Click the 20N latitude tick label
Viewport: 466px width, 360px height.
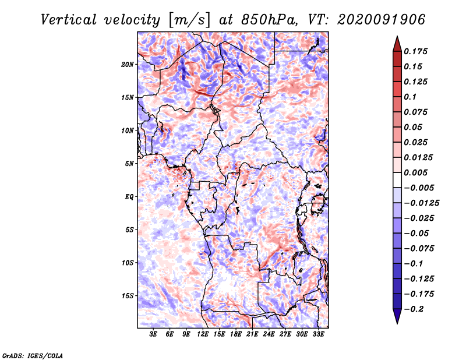point(128,65)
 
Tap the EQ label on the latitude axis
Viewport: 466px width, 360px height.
point(129,197)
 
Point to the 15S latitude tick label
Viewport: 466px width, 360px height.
point(128,296)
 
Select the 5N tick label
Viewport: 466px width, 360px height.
point(129,164)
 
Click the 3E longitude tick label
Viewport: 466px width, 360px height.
point(153,334)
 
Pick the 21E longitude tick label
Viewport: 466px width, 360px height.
point(252,334)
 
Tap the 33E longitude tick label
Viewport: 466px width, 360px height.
point(318,334)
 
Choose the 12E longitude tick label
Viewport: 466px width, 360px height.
point(203,334)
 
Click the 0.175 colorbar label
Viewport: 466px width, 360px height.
point(415,51)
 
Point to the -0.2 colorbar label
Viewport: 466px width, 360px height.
point(414,309)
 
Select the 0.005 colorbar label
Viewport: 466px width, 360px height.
point(415,172)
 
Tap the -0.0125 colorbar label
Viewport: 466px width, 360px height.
point(421,203)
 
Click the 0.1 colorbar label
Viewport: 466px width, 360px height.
point(410,97)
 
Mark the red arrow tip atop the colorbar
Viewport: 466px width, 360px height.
point(397,36)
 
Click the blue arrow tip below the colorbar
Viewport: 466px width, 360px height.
point(397,323)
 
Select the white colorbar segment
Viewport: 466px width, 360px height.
point(397,180)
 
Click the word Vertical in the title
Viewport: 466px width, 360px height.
point(69,20)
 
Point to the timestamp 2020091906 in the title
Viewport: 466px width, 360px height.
point(382,20)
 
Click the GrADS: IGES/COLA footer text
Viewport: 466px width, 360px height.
point(33,355)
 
